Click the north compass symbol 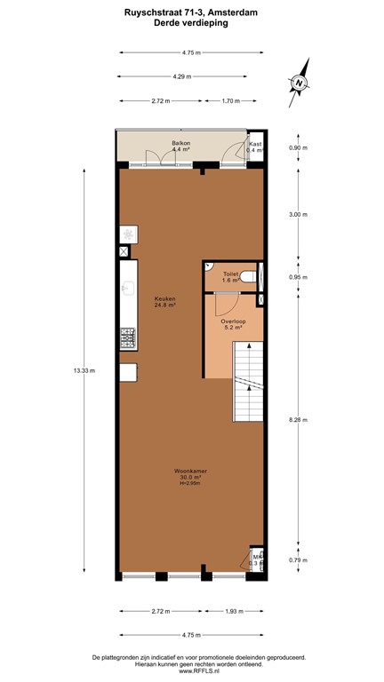pyautogui.click(x=300, y=83)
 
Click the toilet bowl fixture pyautogui.click(x=248, y=278)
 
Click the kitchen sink pyautogui.click(x=126, y=288)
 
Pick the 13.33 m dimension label pyautogui.click(x=86, y=370)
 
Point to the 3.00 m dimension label pyautogui.click(x=299, y=214)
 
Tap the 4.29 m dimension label pyautogui.click(x=186, y=76)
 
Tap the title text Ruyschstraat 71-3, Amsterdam pyautogui.click(x=191, y=13)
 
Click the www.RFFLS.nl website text pyautogui.click(x=191, y=672)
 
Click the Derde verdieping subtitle pyautogui.click(x=191, y=24)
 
